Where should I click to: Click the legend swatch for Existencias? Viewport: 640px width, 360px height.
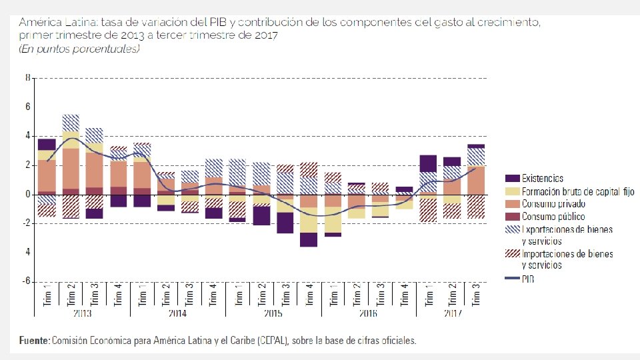click(513, 179)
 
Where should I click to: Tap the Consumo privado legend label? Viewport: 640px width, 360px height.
click(553, 204)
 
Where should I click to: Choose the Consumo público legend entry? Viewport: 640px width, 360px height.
click(553, 217)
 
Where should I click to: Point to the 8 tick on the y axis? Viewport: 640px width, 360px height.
click(28, 77)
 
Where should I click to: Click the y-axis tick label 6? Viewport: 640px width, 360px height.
click(28, 107)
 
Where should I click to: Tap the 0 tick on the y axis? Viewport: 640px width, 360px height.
click(28, 194)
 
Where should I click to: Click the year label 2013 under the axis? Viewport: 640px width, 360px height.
click(82, 313)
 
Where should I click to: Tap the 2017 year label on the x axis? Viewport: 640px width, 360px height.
click(452, 313)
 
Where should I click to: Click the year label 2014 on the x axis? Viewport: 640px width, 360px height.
click(177, 313)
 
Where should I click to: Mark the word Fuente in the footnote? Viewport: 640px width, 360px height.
click(34, 341)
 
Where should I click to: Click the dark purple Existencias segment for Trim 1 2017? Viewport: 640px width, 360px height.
click(428, 163)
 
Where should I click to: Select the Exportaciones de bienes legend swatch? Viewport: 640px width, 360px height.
click(513, 230)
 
